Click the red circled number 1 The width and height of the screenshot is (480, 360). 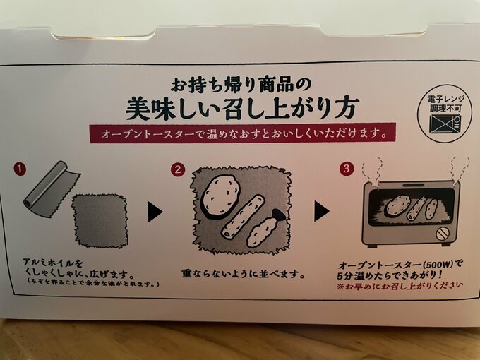click(20, 169)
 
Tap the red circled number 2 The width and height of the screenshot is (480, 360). click(178, 169)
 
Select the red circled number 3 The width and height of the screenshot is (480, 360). click(346, 169)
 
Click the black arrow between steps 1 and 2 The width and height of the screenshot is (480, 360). click(155, 212)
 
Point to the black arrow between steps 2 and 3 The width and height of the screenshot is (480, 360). click(321, 211)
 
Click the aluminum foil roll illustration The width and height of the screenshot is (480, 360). click(52, 189)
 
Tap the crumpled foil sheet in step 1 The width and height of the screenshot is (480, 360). click(100, 220)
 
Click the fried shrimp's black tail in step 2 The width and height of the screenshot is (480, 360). click(279, 215)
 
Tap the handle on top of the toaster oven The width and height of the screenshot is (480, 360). click(413, 186)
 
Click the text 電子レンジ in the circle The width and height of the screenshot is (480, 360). click(445, 99)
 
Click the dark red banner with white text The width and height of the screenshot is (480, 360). click(242, 133)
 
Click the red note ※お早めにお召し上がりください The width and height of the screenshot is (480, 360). click(400, 287)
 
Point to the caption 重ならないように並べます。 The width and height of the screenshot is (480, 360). click(244, 274)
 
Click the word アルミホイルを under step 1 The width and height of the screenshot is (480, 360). click(53, 263)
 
